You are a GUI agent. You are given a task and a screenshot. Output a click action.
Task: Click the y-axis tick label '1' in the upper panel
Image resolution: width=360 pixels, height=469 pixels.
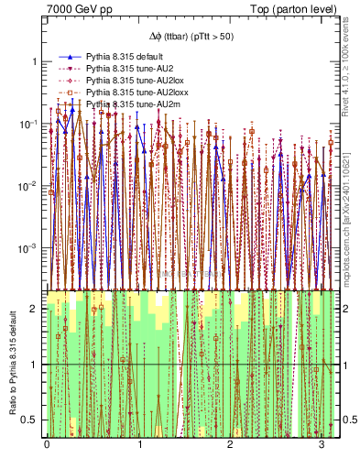34,61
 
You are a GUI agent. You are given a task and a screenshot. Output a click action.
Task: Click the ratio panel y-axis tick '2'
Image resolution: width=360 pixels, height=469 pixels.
35,310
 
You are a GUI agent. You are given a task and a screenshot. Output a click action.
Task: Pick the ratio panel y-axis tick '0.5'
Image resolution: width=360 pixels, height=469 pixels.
31,420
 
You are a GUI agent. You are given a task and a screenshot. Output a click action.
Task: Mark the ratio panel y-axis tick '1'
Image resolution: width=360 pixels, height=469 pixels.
35,365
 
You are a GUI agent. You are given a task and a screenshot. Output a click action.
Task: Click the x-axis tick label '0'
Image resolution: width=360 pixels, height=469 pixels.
47,446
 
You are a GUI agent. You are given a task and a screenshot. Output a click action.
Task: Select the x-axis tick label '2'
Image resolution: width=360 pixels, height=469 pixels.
229,446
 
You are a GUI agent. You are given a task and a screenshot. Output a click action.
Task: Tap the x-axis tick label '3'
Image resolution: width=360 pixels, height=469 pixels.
321,446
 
